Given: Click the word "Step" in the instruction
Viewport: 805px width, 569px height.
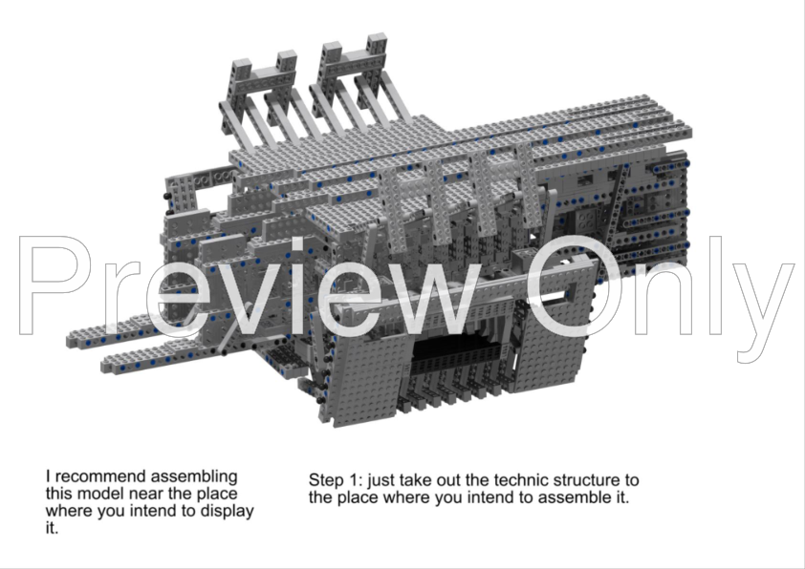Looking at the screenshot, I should point(326,479).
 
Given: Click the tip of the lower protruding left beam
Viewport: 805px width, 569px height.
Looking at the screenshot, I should point(108,364).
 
